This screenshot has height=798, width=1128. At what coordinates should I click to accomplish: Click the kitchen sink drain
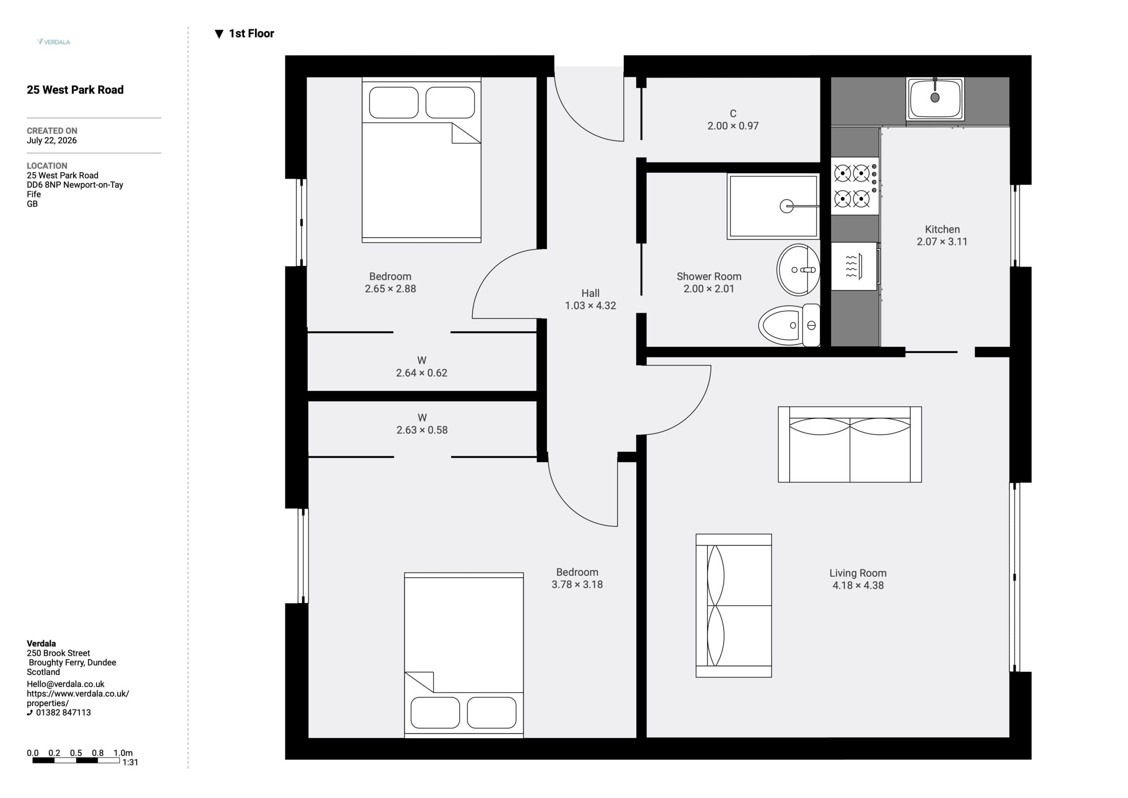point(935,97)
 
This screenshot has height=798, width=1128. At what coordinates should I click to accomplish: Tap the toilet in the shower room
point(790,325)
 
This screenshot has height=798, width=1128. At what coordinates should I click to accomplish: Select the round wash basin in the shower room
point(798,270)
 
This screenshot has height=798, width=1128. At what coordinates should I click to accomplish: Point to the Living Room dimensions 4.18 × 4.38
point(858,585)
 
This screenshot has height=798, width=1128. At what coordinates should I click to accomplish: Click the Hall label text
point(590,293)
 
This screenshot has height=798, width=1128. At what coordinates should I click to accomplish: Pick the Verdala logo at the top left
point(54,42)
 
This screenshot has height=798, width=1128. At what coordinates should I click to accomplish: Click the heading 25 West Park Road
point(75,90)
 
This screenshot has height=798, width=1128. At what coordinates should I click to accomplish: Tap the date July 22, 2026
point(52,141)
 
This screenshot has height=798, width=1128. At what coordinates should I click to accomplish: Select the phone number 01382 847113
point(63,713)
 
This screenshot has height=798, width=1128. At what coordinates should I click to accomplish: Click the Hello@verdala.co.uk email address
point(65,684)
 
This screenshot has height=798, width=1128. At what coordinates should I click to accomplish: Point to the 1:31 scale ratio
point(130,763)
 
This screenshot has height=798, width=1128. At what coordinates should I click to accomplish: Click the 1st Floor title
point(252,33)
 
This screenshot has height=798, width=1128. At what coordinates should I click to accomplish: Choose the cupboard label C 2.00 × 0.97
point(733,120)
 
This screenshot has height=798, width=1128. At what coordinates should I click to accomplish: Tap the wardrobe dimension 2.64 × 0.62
point(422,373)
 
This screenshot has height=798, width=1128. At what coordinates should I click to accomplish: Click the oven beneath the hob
point(854,266)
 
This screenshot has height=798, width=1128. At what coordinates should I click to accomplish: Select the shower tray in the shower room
point(773,206)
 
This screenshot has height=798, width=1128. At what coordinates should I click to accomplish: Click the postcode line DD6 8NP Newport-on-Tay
point(74,185)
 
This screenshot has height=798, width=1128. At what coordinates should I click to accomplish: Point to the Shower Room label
point(709,277)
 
